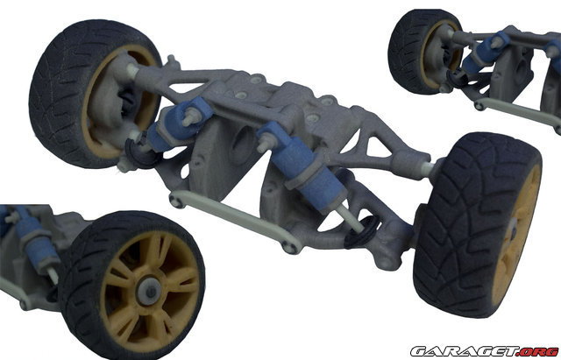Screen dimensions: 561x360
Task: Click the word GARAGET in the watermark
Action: tap(465, 351)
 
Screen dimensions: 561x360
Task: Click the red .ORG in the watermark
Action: tap(538, 351)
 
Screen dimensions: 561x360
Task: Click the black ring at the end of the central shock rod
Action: tap(361, 232)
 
